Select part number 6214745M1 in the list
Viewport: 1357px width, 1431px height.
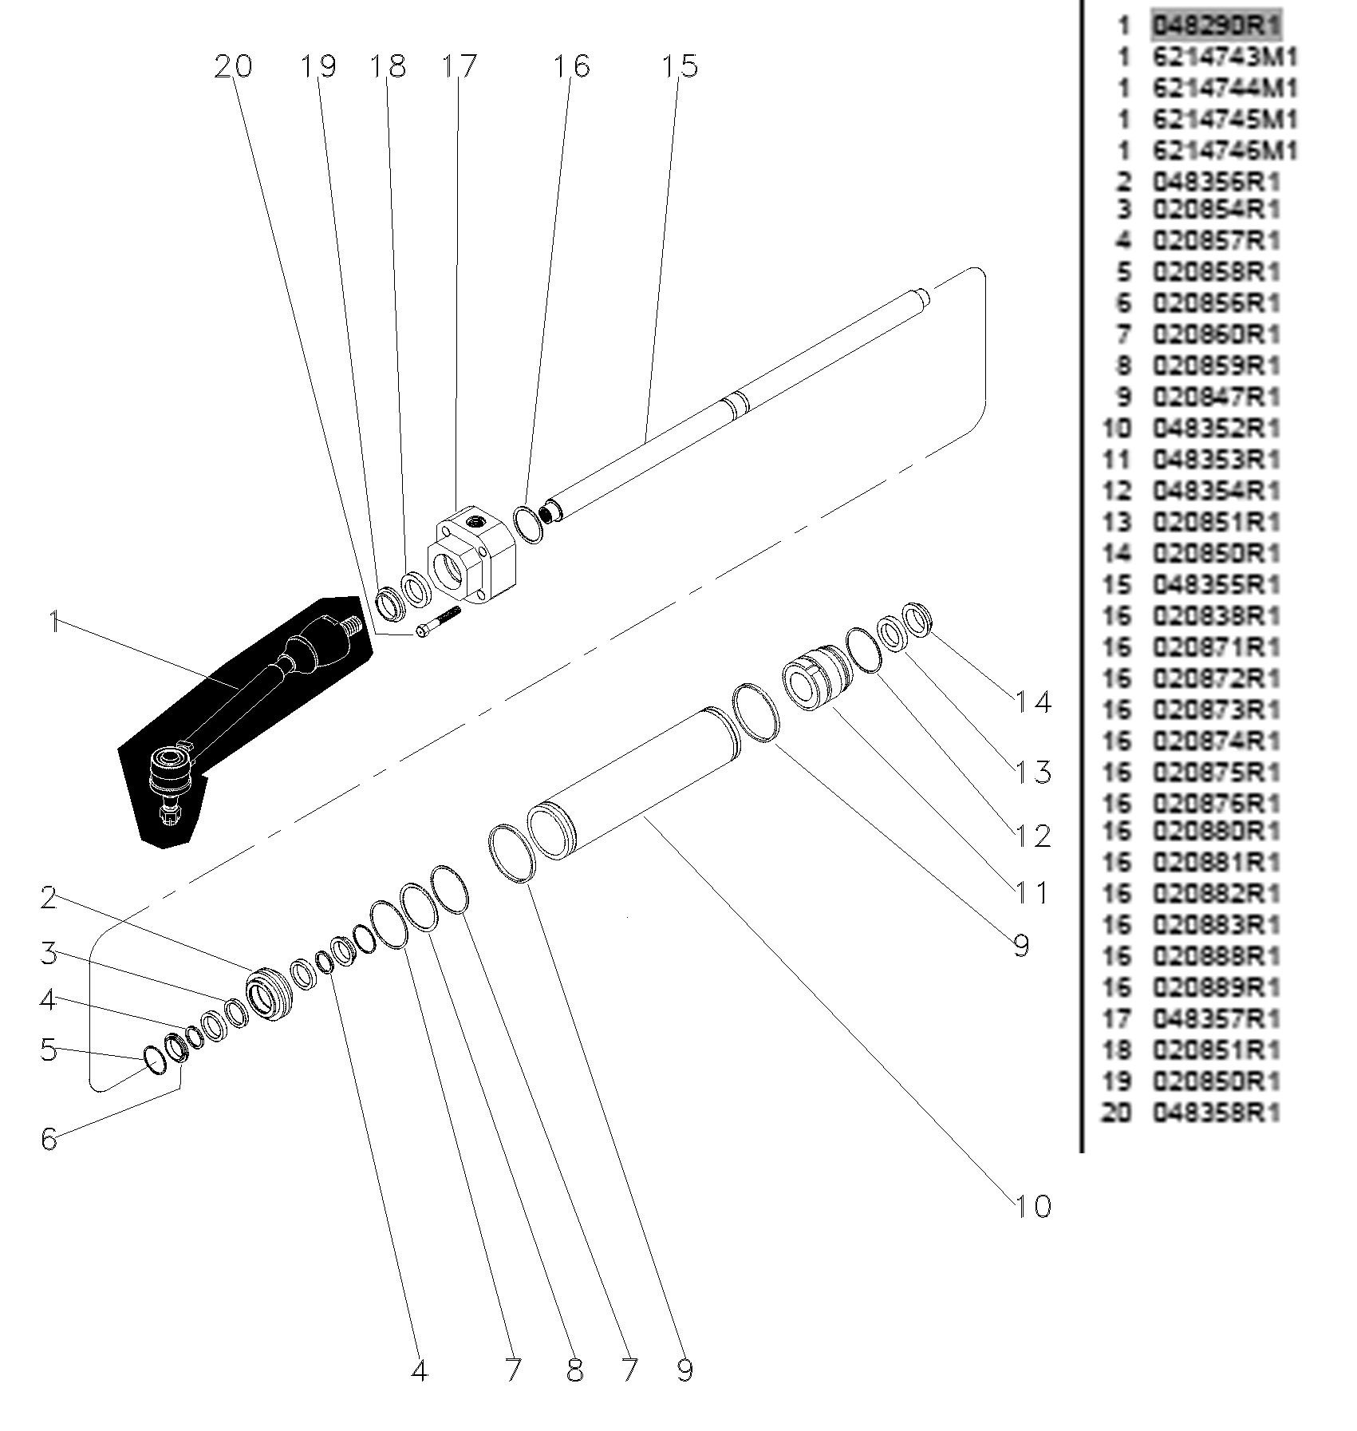[1225, 120]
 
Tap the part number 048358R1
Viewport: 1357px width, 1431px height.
[1216, 1113]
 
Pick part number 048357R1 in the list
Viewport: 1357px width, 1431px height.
[1216, 1018]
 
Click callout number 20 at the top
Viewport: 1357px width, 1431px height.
[233, 67]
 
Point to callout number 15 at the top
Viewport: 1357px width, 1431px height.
[679, 67]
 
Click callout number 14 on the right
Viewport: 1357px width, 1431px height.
[1033, 703]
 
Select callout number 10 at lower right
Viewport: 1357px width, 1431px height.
[1033, 1206]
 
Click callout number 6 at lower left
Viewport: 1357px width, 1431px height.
[49, 1139]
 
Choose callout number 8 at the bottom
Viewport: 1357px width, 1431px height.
[574, 1371]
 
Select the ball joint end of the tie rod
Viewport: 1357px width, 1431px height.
[170, 770]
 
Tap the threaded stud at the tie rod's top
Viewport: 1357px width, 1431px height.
[352, 626]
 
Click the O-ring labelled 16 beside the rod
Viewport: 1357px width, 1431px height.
[528, 524]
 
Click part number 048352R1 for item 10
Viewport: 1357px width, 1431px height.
[1216, 429]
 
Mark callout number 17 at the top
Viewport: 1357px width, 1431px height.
[459, 67]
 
